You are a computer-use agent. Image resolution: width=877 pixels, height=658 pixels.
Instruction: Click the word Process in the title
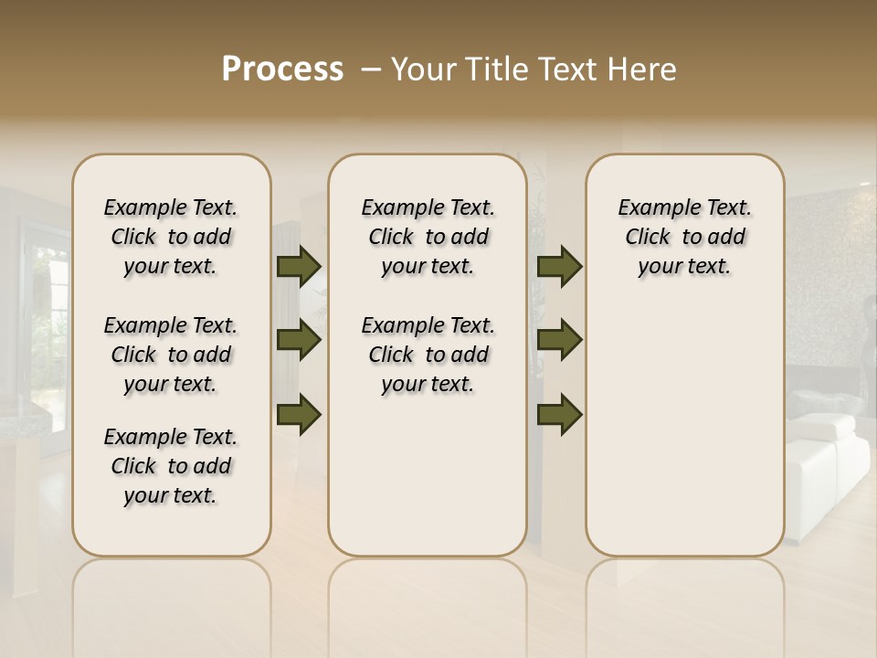pyautogui.click(x=282, y=69)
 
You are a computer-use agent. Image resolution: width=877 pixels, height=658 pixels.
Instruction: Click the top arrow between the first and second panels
pyautogui.click(x=299, y=266)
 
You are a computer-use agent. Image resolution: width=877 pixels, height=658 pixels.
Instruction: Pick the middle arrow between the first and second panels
pyautogui.click(x=299, y=341)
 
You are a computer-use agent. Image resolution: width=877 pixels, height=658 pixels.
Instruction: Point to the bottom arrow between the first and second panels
pyautogui.click(x=299, y=415)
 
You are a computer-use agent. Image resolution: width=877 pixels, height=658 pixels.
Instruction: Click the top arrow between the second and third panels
pyautogui.click(x=559, y=266)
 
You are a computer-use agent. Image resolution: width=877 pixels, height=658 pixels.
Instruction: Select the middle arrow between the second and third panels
pyautogui.click(x=559, y=341)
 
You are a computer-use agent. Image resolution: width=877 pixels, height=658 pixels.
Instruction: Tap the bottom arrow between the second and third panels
pyautogui.click(x=559, y=415)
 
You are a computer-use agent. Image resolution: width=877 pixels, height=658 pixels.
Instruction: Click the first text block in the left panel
pyautogui.click(x=171, y=237)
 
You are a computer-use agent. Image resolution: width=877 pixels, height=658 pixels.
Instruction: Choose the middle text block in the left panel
pyautogui.click(x=171, y=355)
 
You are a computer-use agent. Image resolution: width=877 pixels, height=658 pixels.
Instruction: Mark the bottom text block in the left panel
pyautogui.click(x=171, y=466)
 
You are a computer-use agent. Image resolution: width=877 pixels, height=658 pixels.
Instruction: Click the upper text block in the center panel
pyautogui.click(x=428, y=237)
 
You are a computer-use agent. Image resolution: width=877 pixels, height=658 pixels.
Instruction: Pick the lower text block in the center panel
pyautogui.click(x=428, y=355)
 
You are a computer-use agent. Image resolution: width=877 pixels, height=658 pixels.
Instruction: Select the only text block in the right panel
pyautogui.click(x=684, y=237)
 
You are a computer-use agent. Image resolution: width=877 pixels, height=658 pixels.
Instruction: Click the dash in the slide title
pyautogui.click(x=371, y=69)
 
